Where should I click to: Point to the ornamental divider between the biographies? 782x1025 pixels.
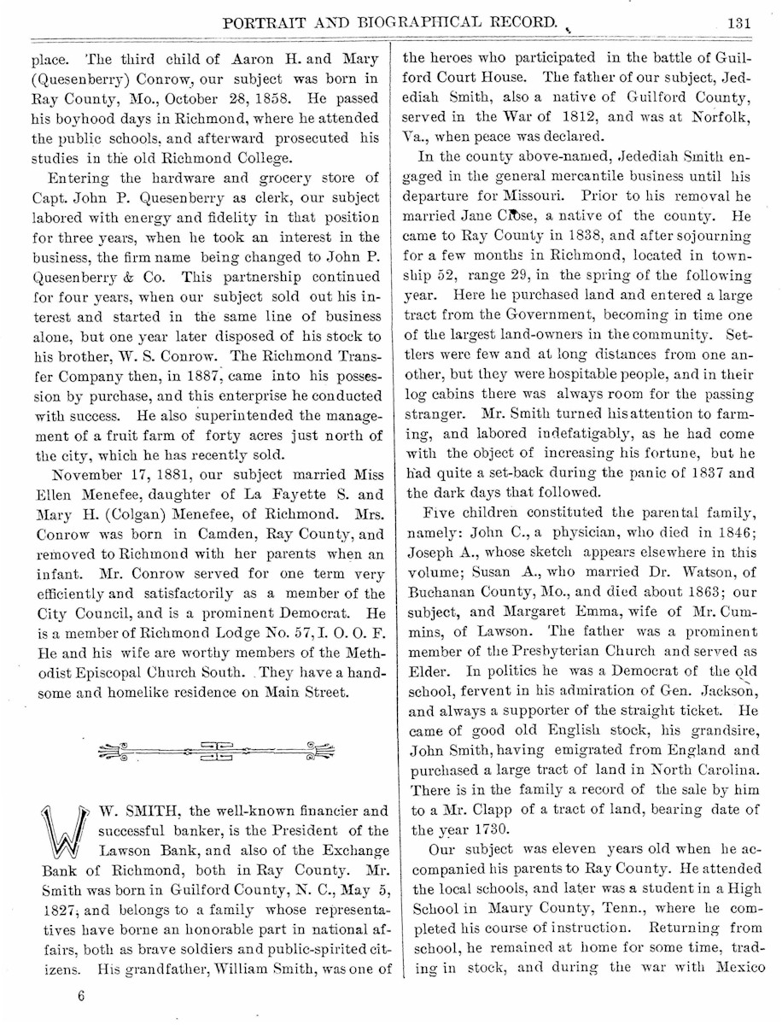click(216, 751)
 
